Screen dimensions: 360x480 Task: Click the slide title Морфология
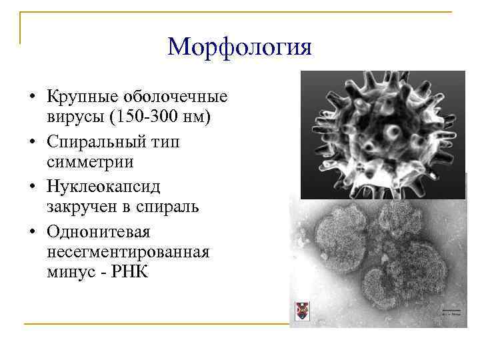click(x=239, y=47)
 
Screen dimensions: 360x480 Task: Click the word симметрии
click(x=90, y=162)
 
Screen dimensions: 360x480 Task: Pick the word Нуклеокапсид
click(x=103, y=187)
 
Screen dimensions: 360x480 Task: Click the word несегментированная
click(x=129, y=252)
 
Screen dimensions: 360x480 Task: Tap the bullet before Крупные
click(x=31, y=97)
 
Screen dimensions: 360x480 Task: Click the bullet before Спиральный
click(x=31, y=143)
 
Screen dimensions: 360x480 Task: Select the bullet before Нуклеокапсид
click(x=31, y=187)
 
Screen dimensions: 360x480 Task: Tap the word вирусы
click(x=75, y=117)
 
